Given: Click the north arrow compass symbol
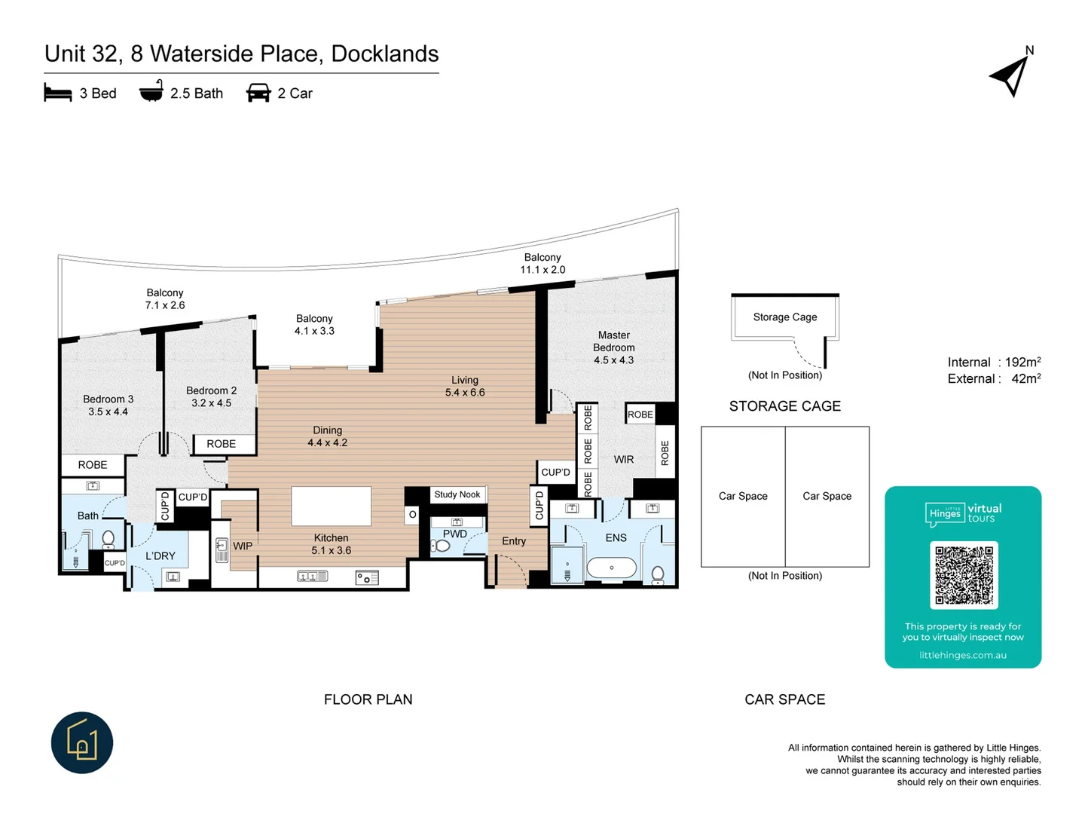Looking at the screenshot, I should (x=1010, y=76).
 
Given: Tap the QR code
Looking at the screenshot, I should (x=964, y=575).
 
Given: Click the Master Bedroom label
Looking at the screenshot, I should (x=613, y=347).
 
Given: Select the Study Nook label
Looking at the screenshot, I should (x=457, y=494).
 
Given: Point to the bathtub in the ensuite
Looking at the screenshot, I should (x=611, y=568).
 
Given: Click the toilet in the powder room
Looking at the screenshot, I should (x=442, y=546).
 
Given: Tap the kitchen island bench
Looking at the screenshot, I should (x=331, y=506).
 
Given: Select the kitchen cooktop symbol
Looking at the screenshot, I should (x=366, y=578).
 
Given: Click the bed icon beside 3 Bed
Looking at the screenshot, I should (x=58, y=93).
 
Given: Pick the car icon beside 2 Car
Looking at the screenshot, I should (x=258, y=93).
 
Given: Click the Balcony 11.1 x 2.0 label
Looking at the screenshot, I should (x=542, y=264).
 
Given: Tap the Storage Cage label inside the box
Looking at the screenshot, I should (x=784, y=317).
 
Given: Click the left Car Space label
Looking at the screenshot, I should (x=743, y=496).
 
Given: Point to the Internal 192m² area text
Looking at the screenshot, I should (x=994, y=363).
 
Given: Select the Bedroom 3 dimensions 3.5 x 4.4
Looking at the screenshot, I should (x=108, y=412).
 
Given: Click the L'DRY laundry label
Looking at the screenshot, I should (x=160, y=556).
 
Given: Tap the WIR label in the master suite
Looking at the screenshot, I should (x=624, y=459).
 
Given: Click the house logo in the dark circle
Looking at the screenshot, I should (x=82, y=742).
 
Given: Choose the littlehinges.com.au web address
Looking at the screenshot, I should (x=962, y=655).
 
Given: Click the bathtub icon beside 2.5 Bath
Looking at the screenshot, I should (x=151, y=92).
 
